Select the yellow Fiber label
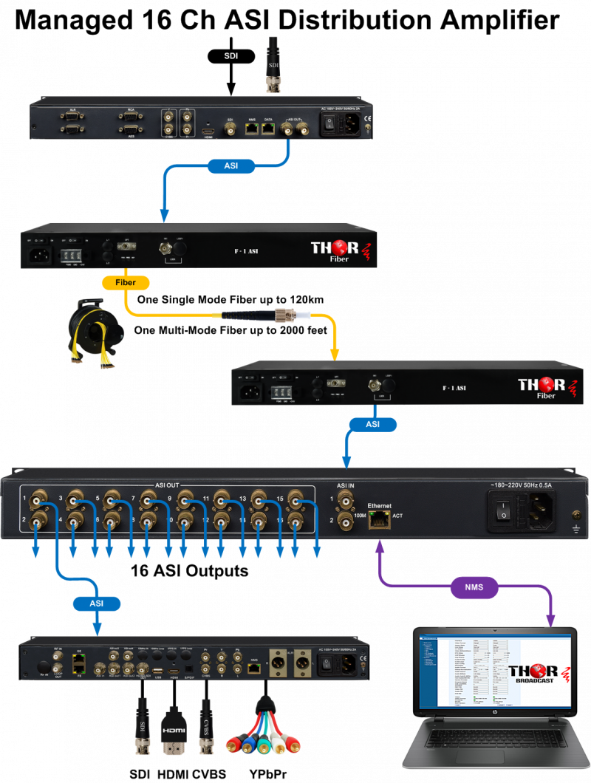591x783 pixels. (124, 282)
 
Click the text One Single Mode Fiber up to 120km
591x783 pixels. (230, 299)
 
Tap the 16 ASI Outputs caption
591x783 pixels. (189, 571)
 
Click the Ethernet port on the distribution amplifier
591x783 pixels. (380, 519)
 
